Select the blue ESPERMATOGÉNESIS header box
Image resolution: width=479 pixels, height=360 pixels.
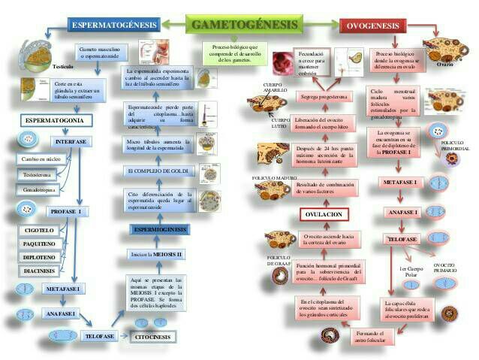114,26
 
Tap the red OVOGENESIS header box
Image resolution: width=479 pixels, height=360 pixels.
373,26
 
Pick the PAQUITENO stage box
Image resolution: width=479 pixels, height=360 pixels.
39,244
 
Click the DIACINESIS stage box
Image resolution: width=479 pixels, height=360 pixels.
39,271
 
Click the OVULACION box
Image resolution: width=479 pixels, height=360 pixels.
324,215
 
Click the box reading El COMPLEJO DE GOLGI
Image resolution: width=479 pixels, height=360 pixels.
156,171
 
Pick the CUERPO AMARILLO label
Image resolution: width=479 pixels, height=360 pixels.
275,87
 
